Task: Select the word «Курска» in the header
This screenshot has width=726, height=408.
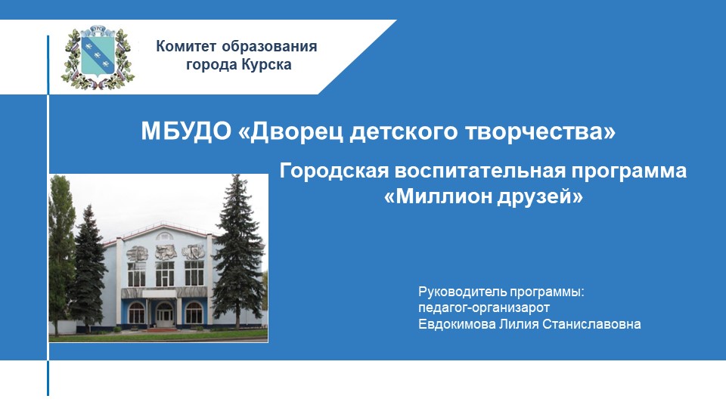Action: [266, 65]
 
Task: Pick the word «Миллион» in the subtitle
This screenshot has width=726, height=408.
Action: [439, 197]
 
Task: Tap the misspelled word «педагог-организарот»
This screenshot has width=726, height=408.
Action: [483, 308]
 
